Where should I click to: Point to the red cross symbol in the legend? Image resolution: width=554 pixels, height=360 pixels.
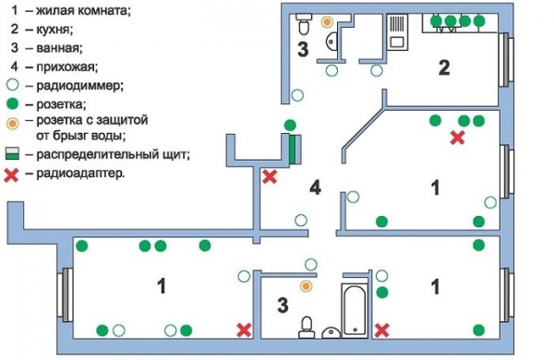click(12, 172)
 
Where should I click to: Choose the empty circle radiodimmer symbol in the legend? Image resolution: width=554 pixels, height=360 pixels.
click(12, 85)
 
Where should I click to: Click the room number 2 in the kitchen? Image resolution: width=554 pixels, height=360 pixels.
click(443, 67)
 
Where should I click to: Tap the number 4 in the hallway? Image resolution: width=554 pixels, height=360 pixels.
click(315, 189)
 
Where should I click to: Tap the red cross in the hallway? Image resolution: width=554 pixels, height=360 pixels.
click(270, 176)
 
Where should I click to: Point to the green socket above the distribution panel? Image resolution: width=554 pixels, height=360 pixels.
click(290, 126)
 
